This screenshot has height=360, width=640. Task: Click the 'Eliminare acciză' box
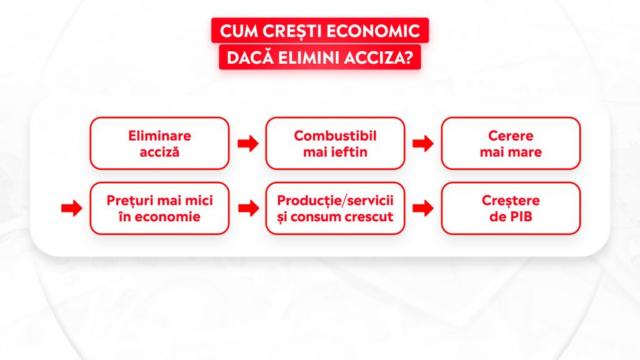pyautogui.click(x=159, y=143)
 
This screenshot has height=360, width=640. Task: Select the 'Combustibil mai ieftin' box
pyautogui.click(x=335, y=143)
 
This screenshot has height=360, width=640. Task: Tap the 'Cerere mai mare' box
pyautogui.click(x=511, y=143)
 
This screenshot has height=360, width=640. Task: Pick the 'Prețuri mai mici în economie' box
pyautogui.click(x=159, y=208)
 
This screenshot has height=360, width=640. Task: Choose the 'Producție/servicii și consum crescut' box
pyautogui.click(x=335, y=208)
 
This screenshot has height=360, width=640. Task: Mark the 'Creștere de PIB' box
pyautogui.click(x=511, y=208)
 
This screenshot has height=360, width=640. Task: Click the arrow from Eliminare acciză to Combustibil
pyautogui.click(x=248, y=143)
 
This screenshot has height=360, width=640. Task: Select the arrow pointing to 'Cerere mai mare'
pyautogui.click(x=423, y=143)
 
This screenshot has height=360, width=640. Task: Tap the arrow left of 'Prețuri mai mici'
pyautogui.click(x=72, y=209)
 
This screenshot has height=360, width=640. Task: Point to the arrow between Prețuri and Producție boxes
pyautogui.click(x=248, y=209)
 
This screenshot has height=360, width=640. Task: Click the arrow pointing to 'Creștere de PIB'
pyautogui.click(x=423, y=209)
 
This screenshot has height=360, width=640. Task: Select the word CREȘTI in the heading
pyautogui.click(x=292, y=31)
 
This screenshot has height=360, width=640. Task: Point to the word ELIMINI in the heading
pyautogui.click(x=309, y=57)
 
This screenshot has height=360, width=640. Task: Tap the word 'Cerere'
pyautogui.click(x=511, y=136)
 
